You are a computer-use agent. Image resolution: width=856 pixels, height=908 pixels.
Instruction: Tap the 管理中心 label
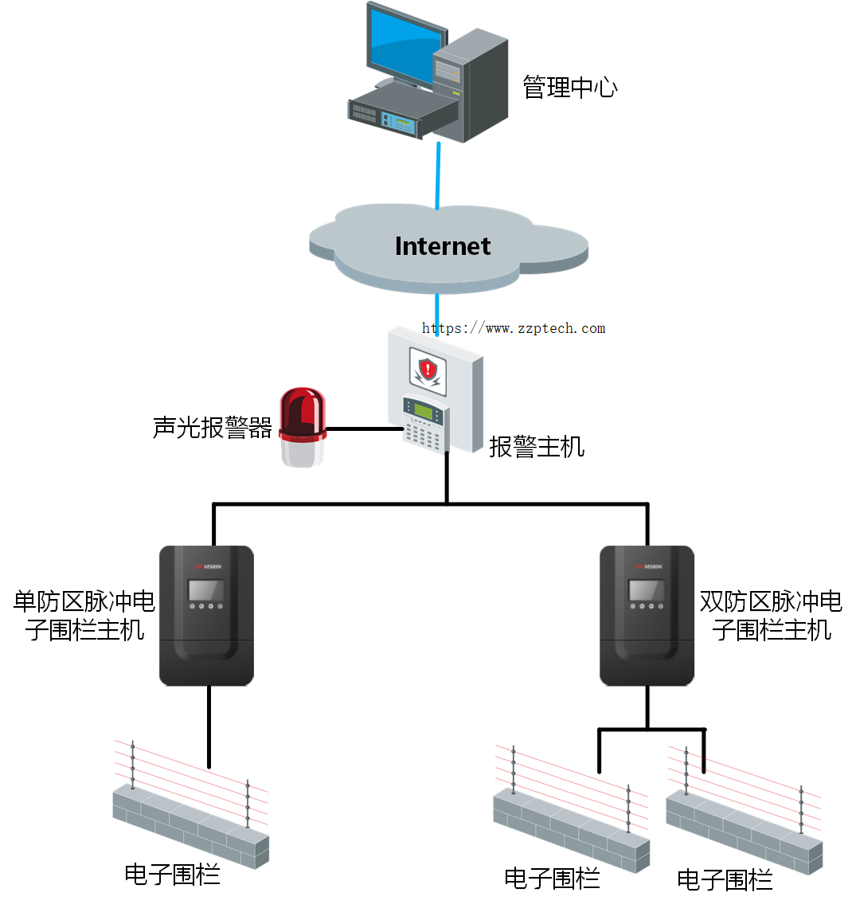[x=569, y=87]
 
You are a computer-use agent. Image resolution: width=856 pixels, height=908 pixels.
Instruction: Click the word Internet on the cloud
[x=443, y=246]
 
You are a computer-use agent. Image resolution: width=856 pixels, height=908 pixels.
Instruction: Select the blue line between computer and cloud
[x=437, y=175]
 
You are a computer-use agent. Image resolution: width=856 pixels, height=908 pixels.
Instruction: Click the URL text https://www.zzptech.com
[x=514, y=328]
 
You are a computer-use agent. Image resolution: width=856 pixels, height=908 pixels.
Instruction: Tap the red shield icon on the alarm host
[x=428, y=369]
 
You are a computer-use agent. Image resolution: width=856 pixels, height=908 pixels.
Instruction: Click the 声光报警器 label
[x=212, y=428]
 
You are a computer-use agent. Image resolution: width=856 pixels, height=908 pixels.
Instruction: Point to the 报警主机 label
[x=537, y=446]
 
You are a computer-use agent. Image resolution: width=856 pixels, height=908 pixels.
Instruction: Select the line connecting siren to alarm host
[x=365, y=429]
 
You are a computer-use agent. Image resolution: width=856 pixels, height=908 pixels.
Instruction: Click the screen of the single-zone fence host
[x=205, y=590]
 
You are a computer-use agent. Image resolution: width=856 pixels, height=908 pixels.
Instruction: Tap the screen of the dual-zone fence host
[x=646, y=590]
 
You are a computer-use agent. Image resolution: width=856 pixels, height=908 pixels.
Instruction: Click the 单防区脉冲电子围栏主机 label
[x=84, y=616]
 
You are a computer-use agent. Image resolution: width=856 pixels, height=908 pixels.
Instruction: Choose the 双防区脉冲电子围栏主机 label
[x=771, y=616]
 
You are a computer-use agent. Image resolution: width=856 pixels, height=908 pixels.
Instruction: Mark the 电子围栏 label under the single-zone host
[x=172, y=874]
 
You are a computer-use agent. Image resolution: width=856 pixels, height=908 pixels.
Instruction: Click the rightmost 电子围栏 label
[x=725, y=879]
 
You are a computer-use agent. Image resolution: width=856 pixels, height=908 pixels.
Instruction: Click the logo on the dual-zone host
[x=648, y=566]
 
